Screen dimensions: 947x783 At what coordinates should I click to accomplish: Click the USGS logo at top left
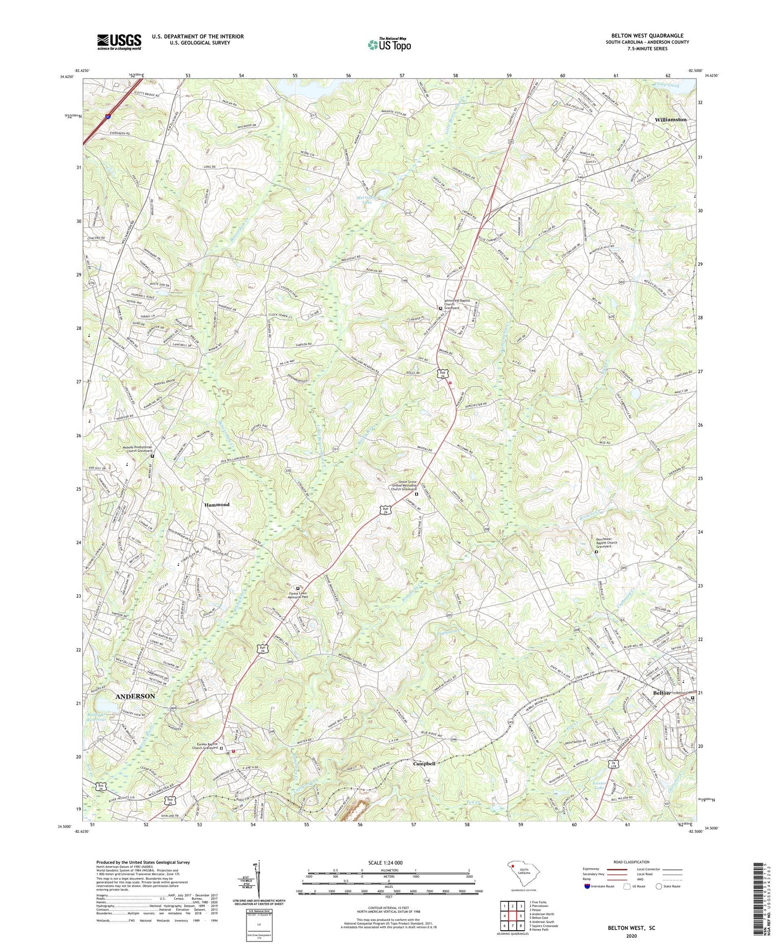[x=119, y=41]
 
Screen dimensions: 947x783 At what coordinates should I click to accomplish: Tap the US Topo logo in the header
[x=389, y=44]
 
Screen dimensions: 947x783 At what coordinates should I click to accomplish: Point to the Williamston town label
[x=670, y=119]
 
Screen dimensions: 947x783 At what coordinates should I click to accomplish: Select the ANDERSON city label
[x=135, y=696]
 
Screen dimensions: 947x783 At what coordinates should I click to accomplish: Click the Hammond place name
[x=217, y=504]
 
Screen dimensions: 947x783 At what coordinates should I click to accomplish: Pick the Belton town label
[x=662, y=693]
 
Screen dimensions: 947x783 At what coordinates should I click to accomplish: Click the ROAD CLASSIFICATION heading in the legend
[x=632, y=862]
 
